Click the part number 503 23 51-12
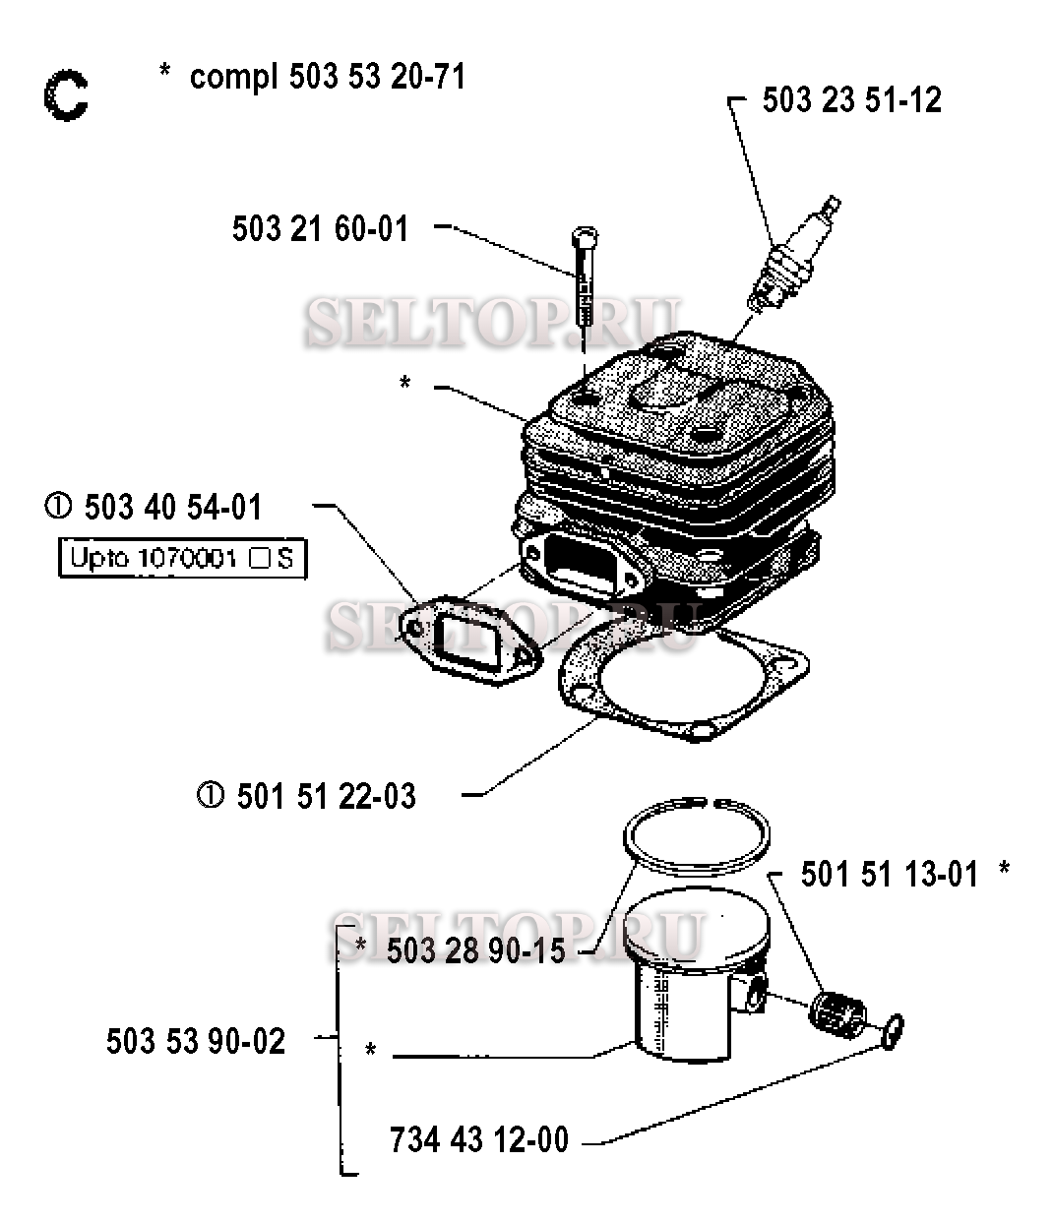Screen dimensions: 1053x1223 pyautogui.click(x=851, y=99)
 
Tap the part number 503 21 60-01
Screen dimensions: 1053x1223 pyautogui.click(x=320, y=229)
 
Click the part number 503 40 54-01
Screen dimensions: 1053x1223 pyautogui.click(x=173, y=508)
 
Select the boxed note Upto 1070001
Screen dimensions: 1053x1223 pyautogui.click(x=182, y=559)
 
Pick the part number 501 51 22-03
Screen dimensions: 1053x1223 pyautogui.click(x=326, y=796)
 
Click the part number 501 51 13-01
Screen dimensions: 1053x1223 pyautogui.click(x=890, y=874)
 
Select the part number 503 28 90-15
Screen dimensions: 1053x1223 pyautogui.click(x=475, y=951)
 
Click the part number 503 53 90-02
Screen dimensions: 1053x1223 pyautogui.click(x=196, y=1041)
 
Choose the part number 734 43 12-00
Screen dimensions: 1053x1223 pyautogui.click(x=479, y=1140)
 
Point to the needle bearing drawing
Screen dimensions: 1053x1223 pyautogui.click(x=838, y=1012)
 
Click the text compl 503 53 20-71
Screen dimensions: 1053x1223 pyautogui.click(x=327, y=77)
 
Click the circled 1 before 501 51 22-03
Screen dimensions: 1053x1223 pyautogui.click(x=210, y=795)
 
